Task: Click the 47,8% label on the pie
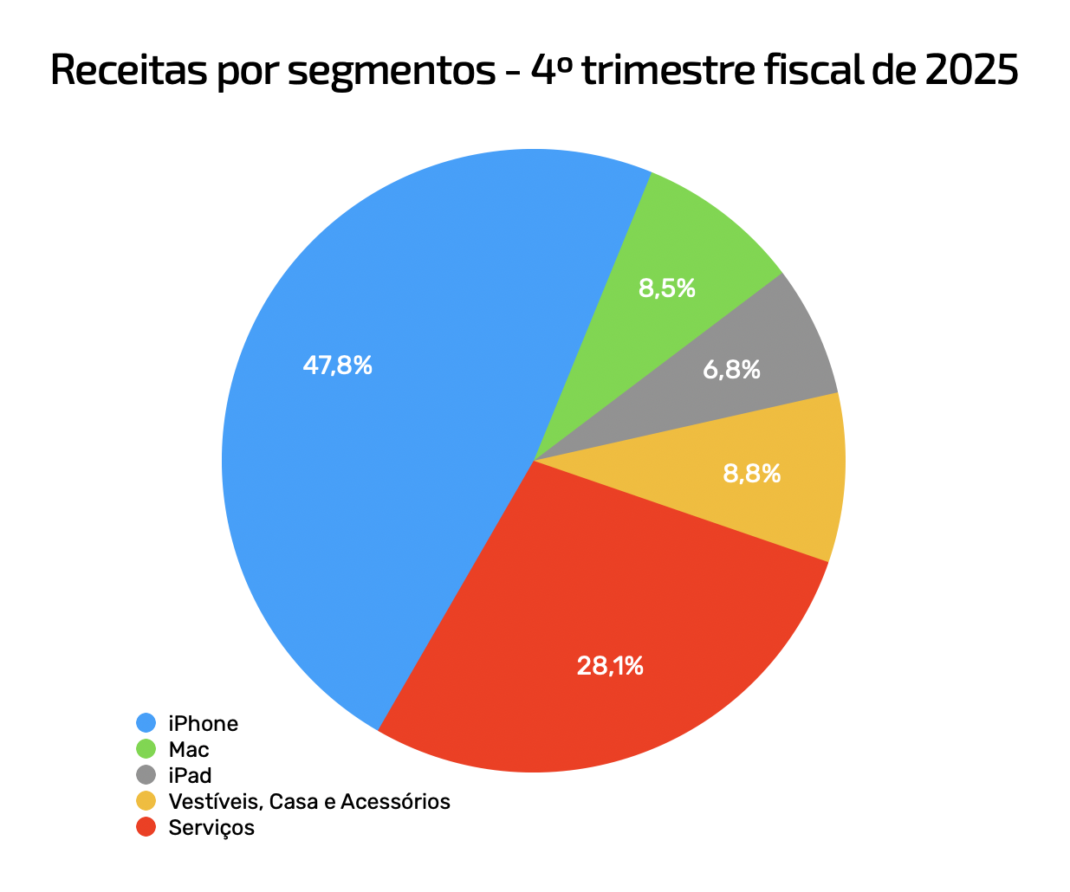click(337, 365)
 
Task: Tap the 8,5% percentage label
click(667, 288)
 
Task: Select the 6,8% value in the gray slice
click(731, 371)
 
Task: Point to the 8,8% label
click(751, 474)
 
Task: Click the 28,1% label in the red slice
click(610, 666)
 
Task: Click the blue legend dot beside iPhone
click(146, 723)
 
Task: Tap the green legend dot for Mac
click(146, 749)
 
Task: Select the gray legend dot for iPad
click(146, 775)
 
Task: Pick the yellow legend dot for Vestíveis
click(146, 801)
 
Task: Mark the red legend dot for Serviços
click(146, 827)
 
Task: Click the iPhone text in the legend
click(204, 723)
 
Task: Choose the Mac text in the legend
click(189, 749)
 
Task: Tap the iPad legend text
click(191, 775)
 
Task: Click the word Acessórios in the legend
click(395, 802)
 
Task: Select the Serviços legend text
click(211, 828)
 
